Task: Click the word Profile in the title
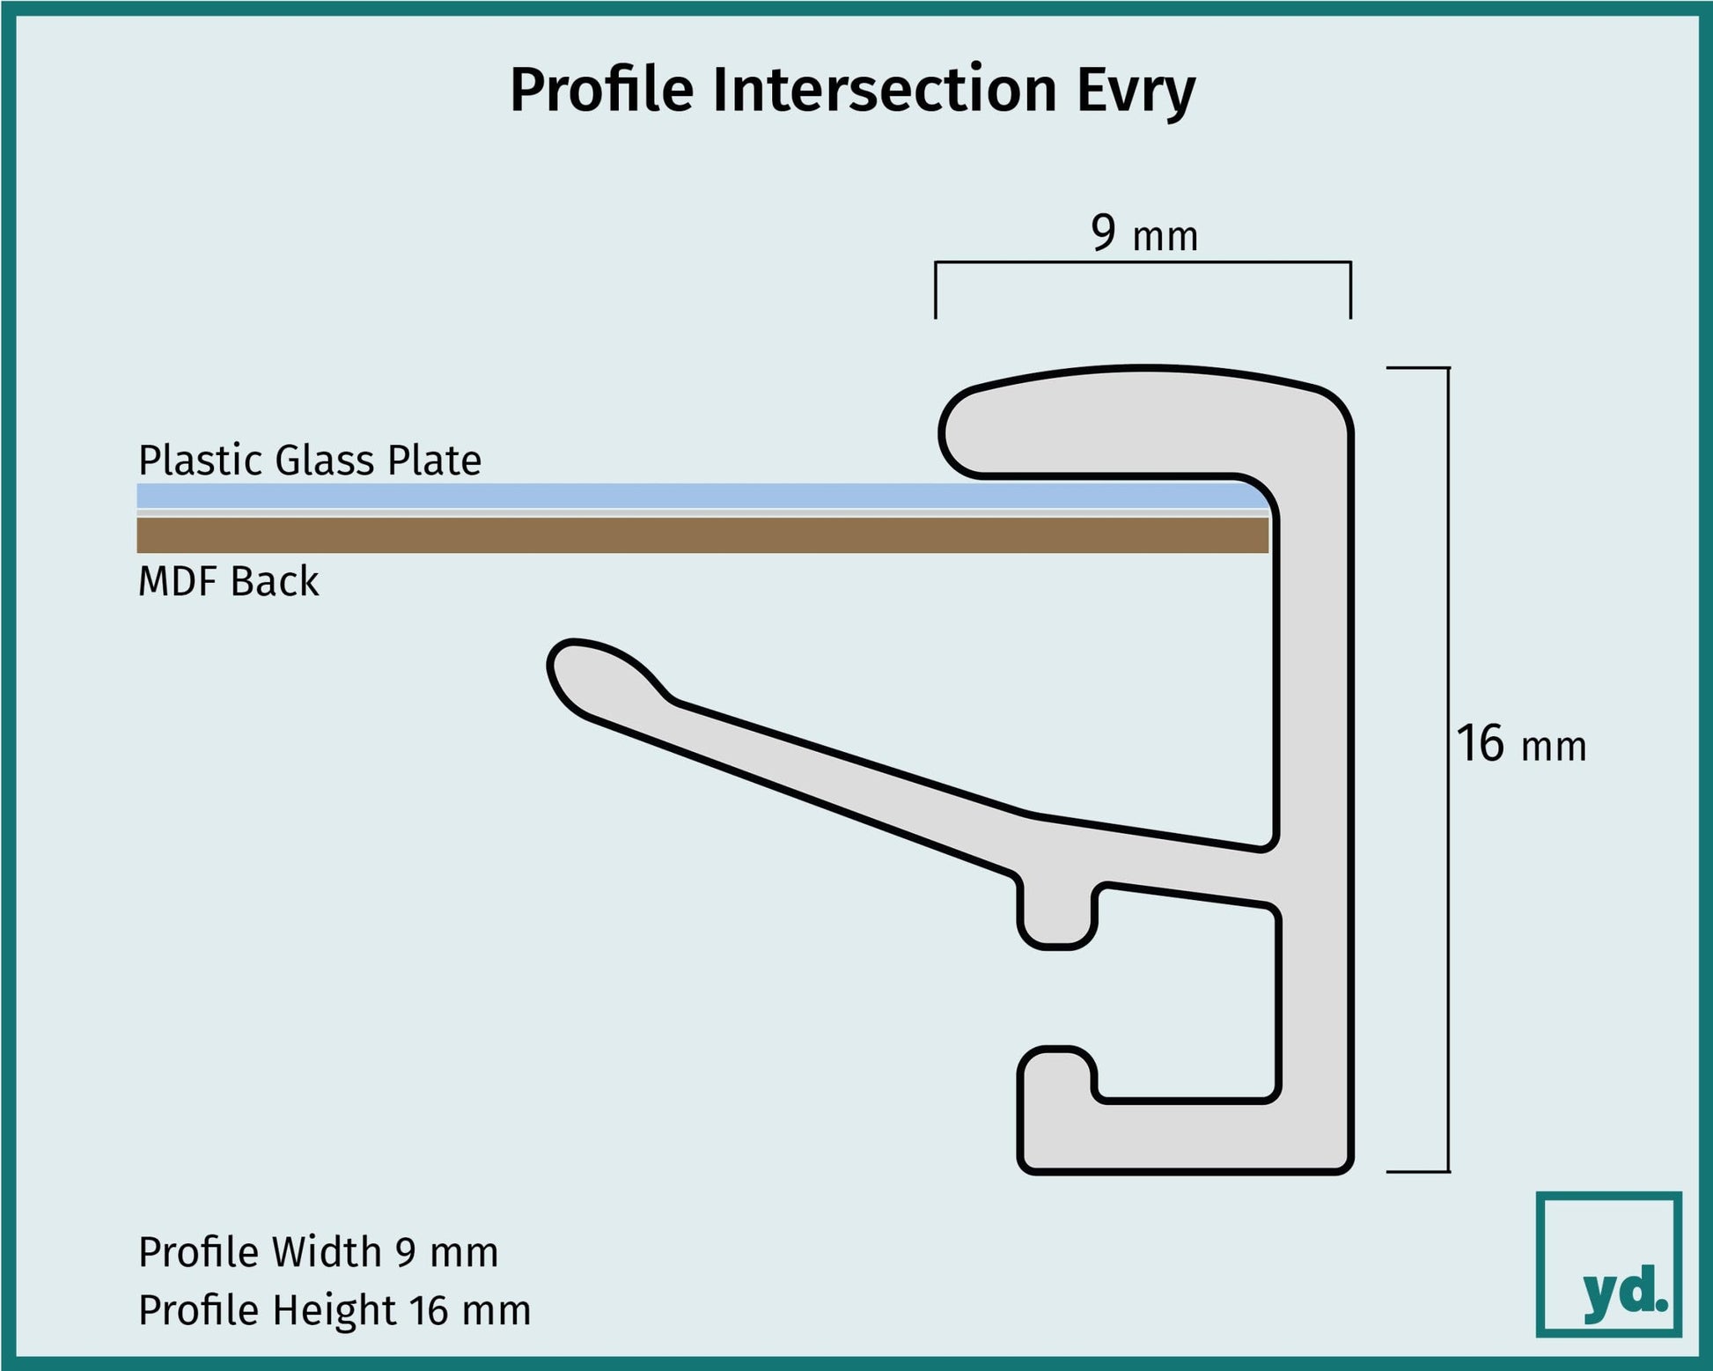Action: click(601, 91)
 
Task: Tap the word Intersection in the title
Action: click(884, 90)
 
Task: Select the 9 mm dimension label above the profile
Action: click(1143, 234)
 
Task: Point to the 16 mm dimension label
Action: click(1520, 745)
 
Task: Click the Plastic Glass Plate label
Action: click(310, 461)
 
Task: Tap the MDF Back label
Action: click(228, 582)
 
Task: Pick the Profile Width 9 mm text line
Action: click(318, 1252)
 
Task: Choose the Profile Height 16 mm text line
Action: click(335, 1310)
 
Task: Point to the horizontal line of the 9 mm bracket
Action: click(1143, 262)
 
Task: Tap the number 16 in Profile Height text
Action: click(429, 1310)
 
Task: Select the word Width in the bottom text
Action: click(326, 1252)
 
